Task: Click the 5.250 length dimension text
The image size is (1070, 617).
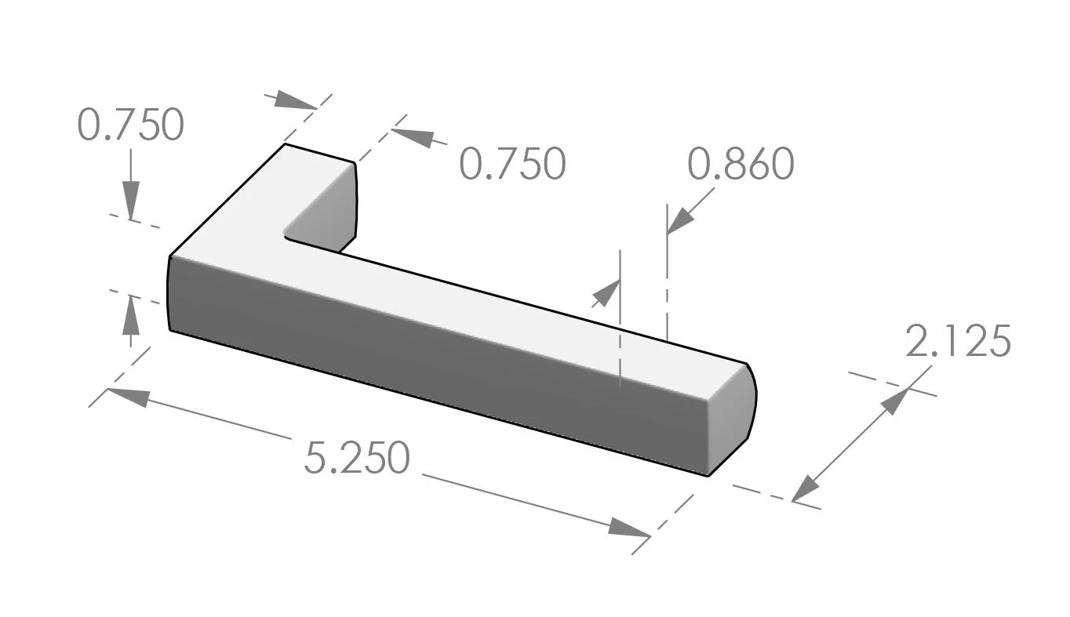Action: coord(357,459)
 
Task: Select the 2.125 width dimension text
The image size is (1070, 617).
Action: coord(957,342)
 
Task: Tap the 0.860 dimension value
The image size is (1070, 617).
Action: coord(741,165)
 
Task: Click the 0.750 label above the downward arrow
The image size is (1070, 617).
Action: coord(131,125)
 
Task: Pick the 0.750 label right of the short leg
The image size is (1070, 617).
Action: coord(511,165)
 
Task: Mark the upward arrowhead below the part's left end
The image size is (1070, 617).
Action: coord(131,312)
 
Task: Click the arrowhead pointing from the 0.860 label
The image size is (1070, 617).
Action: coord(679,221)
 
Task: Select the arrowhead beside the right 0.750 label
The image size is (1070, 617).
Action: coord(413,136)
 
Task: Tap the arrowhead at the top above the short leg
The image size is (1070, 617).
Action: coord(295,100)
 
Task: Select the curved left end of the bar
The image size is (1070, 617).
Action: coord(169,294)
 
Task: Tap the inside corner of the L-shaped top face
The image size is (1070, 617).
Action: coord(287,235)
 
